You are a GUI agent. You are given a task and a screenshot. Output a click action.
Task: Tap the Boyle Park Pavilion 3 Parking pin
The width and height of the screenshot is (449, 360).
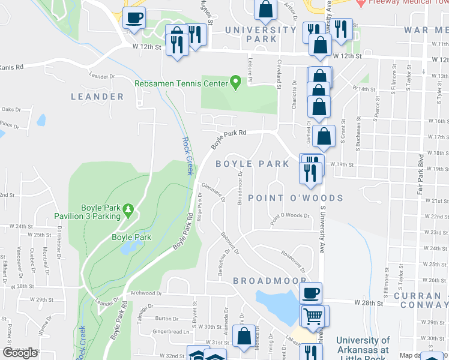coord(128,209)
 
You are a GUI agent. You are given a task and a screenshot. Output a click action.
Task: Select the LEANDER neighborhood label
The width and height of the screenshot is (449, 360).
coord(97,97)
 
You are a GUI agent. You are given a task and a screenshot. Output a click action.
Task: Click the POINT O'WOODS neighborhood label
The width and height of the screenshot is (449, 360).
coord(295,198)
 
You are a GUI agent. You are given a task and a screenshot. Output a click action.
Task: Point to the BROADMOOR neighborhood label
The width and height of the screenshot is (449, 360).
coord(270,281)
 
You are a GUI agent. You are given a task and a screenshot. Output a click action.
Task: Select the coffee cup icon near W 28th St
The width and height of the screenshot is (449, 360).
coord(310,293)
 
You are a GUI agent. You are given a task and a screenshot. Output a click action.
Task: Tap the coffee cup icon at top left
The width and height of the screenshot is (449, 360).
coord(134,17)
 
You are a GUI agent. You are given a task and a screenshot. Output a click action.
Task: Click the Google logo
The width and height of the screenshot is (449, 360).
coord(20,353)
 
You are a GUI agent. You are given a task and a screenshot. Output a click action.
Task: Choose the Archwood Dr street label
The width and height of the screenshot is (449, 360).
coord(146,294)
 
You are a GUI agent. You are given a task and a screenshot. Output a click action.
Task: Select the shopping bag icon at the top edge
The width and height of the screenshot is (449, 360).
coord(265,9)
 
